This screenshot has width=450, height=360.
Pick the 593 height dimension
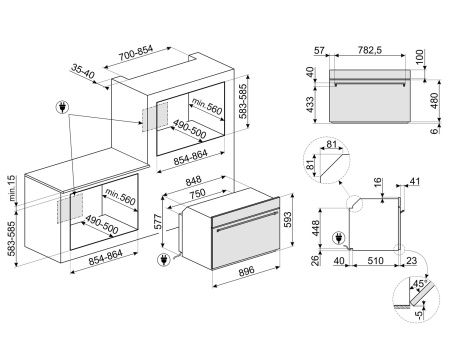tap(288, 218)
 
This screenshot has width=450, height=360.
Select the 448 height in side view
tap(317, 230)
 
